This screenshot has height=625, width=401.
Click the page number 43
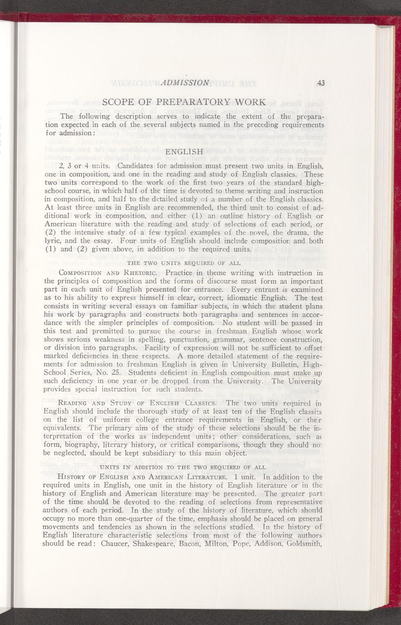321,82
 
